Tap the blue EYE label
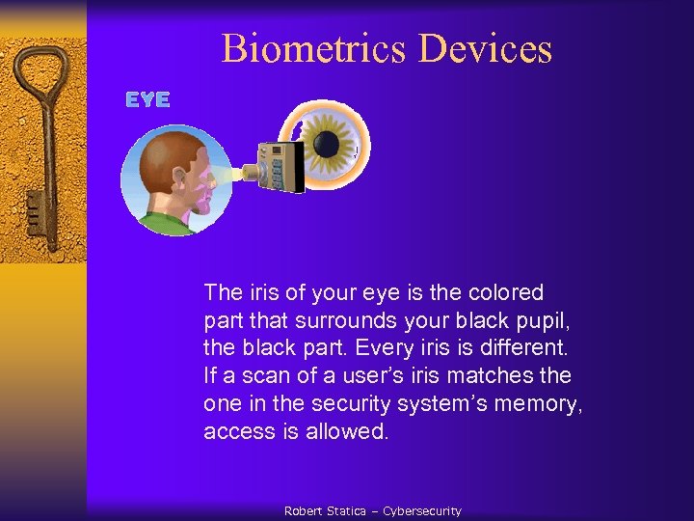[148, 99]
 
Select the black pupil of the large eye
[327, 145]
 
